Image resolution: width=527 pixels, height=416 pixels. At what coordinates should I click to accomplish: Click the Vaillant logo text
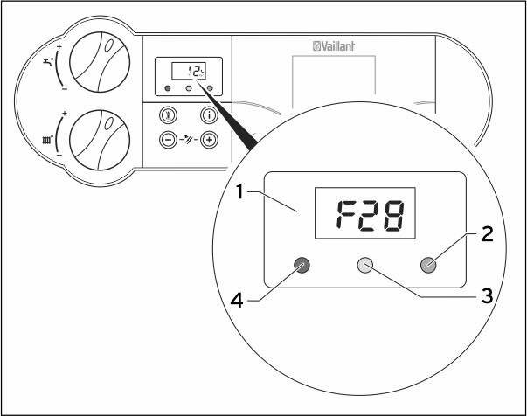[333, 46]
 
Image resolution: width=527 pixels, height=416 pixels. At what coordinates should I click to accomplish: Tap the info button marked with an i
[210, 115]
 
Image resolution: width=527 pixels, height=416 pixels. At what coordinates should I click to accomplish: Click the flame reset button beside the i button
[168, 115]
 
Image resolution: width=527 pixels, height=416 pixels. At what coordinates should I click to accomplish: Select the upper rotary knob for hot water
[100, 63]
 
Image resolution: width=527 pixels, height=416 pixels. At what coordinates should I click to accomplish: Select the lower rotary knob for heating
[100, 140]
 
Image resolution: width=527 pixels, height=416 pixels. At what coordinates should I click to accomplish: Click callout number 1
[239, 192]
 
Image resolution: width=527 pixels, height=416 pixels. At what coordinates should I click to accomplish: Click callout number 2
[488, 234]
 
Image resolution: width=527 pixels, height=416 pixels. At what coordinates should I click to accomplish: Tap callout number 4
[237, 300]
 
